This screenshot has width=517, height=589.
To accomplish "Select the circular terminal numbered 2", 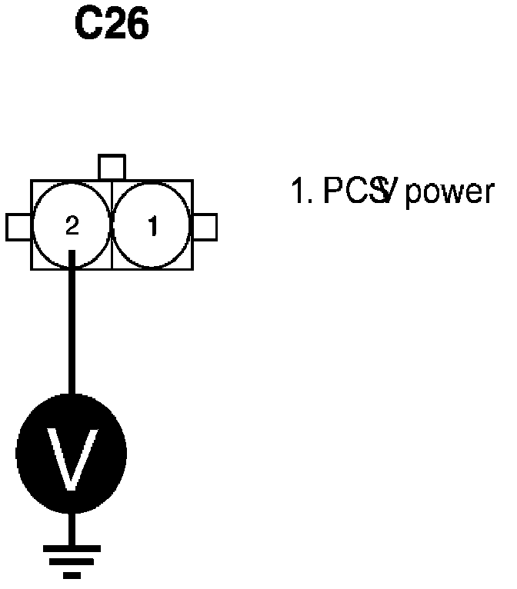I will (72, 225).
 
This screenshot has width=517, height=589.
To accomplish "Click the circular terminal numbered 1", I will (152, 225).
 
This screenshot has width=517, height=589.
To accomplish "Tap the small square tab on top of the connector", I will (112, 167).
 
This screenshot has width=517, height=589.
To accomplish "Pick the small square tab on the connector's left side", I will (18, 227).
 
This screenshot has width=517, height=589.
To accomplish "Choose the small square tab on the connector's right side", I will (205, 227).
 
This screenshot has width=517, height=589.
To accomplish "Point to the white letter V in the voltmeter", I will (72, 458).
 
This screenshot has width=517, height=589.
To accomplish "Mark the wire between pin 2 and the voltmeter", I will (72, 331).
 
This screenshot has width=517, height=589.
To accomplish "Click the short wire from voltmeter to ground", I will (72, 528).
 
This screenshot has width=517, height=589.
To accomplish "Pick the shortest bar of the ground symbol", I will (72, 573).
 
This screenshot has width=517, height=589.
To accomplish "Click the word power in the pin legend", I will (449, 192).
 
